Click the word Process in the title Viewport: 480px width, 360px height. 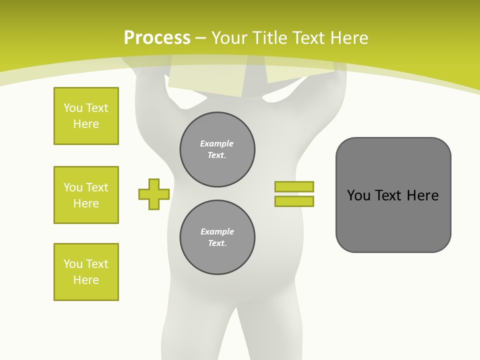pos(157,38)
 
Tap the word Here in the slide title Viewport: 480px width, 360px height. pos(350,38)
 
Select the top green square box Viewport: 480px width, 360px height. pos(86,116)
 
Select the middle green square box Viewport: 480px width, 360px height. pos(86,195)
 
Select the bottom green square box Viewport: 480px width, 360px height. pos(86,272)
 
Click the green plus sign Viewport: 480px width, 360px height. pos(154,194)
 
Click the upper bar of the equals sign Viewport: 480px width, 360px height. pos(294,186)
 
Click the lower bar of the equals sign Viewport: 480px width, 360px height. pos(294,201)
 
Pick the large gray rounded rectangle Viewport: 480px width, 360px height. pos(393,220)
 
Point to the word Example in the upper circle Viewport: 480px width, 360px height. pos(216,143)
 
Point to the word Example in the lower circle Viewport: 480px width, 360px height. pos(217,231)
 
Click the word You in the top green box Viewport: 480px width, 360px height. pos(73,108)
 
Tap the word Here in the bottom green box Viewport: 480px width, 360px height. pos(86,280)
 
